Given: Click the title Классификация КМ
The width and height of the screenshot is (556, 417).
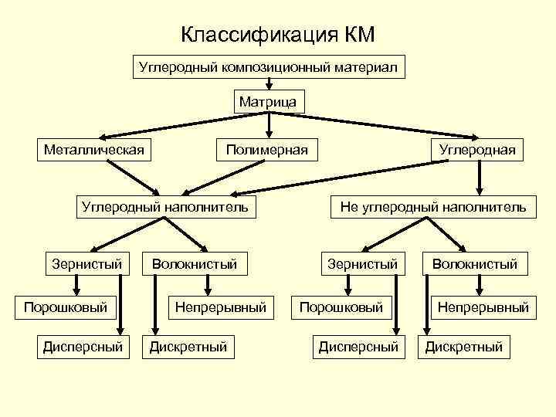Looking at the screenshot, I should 277,35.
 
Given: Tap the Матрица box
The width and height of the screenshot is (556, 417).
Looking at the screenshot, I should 268,102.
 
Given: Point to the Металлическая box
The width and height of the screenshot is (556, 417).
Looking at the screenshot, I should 93,148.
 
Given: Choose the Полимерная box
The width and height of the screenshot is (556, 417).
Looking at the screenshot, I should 267,148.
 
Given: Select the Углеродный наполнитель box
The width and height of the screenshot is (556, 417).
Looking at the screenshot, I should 165,206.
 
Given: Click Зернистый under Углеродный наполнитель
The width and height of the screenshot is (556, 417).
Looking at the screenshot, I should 86,264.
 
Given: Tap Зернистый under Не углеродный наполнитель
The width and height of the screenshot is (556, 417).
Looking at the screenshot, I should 362,264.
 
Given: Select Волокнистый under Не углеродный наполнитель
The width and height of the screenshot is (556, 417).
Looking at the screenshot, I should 474,264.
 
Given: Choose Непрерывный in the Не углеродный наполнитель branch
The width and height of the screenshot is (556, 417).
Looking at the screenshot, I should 483,307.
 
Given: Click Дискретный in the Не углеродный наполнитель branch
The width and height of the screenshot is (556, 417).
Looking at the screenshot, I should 464,347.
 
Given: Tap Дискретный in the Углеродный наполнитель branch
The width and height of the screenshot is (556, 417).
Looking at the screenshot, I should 188,347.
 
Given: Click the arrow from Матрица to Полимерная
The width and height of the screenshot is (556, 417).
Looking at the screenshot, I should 268,124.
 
